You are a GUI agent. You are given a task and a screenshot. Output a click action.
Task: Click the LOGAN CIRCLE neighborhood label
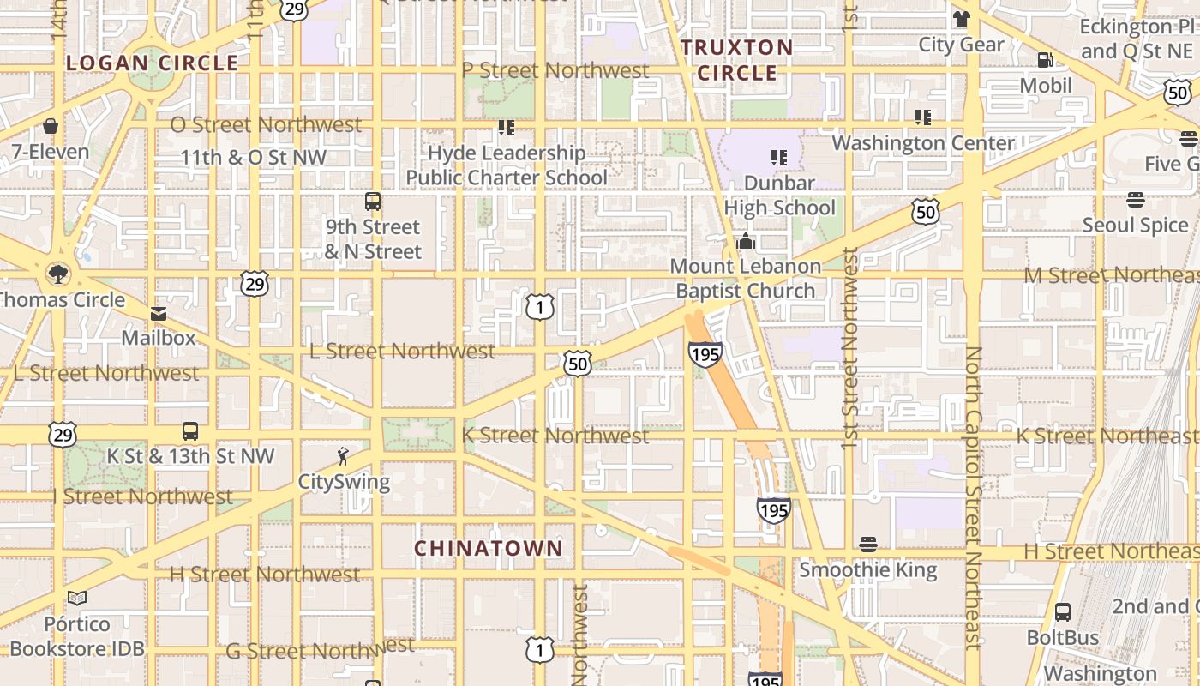152,63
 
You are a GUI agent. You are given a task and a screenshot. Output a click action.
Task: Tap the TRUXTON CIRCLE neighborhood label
737,60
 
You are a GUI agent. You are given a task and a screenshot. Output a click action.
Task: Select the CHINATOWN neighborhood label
489,548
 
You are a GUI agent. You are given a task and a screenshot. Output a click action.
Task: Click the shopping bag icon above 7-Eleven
51,127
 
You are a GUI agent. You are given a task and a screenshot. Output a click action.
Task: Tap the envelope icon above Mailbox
159,314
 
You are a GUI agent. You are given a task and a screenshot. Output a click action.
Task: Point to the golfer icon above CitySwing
344,456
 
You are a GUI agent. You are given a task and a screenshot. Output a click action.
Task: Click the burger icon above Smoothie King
868,545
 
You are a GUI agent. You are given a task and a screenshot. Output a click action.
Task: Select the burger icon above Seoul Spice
1136,200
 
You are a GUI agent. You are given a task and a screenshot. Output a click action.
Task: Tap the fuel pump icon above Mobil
1046,60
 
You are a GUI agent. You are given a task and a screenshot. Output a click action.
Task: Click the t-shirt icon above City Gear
961,19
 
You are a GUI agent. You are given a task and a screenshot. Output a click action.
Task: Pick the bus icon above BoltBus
1063,612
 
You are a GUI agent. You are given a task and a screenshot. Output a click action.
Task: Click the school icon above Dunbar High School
778,158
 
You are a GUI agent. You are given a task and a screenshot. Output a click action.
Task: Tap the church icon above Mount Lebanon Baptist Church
745,241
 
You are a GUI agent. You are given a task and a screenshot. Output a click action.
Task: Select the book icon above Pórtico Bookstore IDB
77,599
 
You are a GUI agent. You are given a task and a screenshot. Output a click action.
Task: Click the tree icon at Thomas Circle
58,274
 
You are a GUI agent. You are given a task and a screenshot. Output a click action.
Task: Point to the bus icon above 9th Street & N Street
373,202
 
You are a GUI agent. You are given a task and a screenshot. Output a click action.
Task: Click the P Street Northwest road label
555,70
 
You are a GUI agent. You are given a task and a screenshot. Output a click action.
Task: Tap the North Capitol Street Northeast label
973,497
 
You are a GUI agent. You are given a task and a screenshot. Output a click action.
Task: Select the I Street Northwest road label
143,496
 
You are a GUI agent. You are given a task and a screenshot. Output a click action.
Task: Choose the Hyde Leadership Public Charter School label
507,165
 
